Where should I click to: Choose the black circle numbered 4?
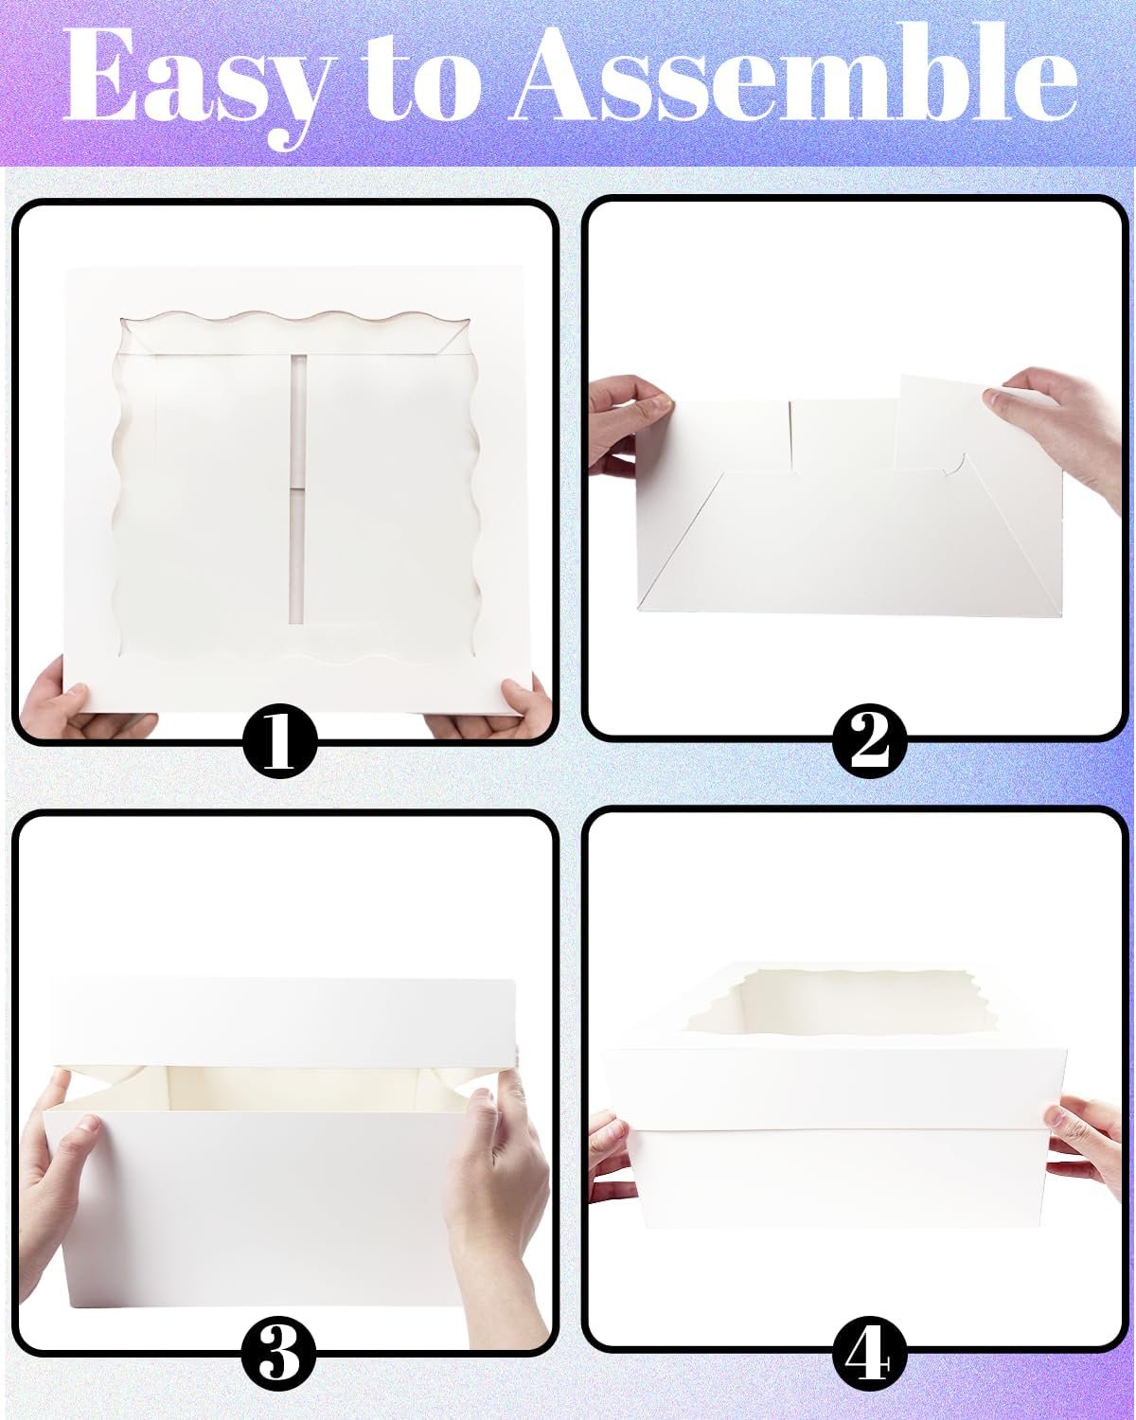tap(869, 1356)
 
